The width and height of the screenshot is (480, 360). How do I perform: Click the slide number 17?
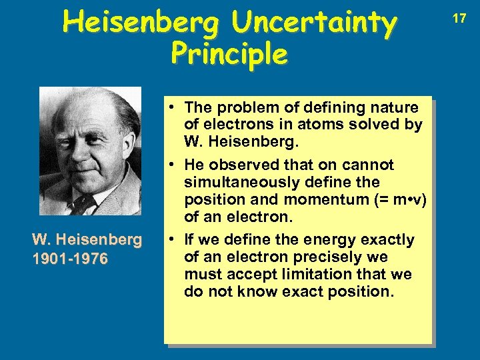(459, 19)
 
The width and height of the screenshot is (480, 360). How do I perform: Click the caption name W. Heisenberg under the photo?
(87, 239)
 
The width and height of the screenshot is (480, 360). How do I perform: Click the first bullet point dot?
(172, 107)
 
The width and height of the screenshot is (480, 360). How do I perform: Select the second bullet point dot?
(172, 165)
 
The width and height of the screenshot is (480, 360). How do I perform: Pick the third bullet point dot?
(172, 239)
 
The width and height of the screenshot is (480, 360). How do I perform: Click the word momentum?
(321, 199)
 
